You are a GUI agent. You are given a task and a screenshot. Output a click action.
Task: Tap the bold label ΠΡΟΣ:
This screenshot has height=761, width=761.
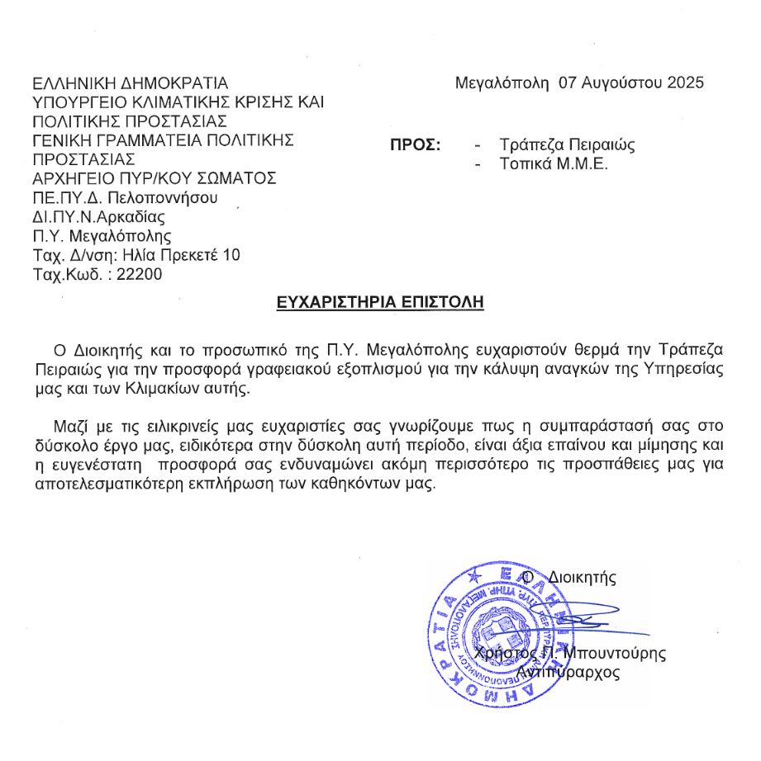(415, 145)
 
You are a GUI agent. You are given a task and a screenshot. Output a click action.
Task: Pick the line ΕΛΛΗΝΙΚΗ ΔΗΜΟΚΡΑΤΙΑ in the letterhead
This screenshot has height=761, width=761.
(129, 83)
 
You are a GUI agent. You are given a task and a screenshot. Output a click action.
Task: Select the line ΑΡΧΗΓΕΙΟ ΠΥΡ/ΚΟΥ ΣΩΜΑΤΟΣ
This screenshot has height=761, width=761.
(154, 178)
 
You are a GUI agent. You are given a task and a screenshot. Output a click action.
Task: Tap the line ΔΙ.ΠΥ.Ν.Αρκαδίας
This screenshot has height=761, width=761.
(98, 217)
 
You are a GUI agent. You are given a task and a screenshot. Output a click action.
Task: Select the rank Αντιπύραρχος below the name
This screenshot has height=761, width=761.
(568, 673)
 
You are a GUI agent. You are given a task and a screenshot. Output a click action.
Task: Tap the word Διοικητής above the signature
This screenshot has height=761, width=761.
(582, 577)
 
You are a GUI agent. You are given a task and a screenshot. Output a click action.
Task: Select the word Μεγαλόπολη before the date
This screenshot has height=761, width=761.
(502, 83)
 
